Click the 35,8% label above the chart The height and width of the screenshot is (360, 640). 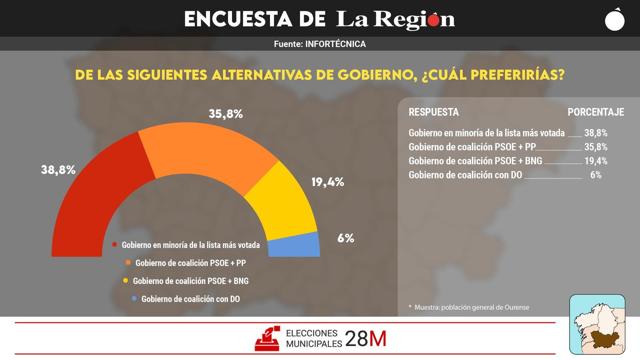click(x=226, y=114)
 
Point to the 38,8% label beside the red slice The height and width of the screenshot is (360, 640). click(x=58, y=170)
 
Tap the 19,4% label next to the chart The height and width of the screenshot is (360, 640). click(x=328, y=182)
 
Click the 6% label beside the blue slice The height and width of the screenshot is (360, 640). click(x=346, y=238)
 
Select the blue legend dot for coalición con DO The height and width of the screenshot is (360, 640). click(x=134, y=298)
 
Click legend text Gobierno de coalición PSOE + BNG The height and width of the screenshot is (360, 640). click(x=191, y=281)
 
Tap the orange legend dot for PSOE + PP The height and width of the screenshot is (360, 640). click(x=128, y=263)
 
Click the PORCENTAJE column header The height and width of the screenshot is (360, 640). click(x=596, y=112)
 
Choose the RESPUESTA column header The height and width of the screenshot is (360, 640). click(x=434, y=112)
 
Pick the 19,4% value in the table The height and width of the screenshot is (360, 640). click(x=596, y=161)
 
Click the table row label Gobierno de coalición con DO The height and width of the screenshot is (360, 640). click(x=465, y=175)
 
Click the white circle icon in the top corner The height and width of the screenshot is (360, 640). click(x=614, y=20)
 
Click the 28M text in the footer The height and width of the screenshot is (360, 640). click(x=366, y=339)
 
